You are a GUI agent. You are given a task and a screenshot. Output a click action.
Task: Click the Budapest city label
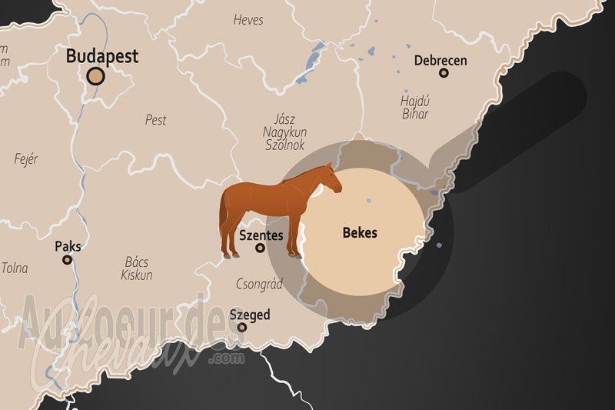(x=102, y=56)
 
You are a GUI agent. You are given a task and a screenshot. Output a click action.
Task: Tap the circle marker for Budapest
(x=96, y=75)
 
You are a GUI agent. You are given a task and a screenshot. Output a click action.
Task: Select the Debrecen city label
(x=440, y=60)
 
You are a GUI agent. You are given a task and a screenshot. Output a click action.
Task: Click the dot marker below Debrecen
(x=444, y=73)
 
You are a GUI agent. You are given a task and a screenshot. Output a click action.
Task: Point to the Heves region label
(x=248, y=20)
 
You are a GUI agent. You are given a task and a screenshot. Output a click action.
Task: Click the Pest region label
(x=155, y=120)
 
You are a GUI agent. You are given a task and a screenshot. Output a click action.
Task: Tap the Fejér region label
(x=26, y=159)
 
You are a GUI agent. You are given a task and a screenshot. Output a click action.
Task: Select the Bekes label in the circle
(x=360, y=232)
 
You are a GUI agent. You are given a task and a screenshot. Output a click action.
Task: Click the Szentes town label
(x=261, y=235)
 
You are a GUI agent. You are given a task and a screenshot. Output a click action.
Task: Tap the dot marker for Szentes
(x=261, y=248)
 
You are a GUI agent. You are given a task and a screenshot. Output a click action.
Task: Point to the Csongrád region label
(x=257, y=284)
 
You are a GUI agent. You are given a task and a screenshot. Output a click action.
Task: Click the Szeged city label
(x=250, y=315)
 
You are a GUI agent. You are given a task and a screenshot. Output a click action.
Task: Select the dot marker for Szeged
(x=242, y=327)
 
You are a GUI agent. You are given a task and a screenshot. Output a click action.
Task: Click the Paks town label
(x=68, y=247)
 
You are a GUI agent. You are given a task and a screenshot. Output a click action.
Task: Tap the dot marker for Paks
(x=68, y=260)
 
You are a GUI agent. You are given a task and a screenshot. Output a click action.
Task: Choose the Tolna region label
(x=15, y=268)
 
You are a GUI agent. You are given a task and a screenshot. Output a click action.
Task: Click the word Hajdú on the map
(x=415, y=100)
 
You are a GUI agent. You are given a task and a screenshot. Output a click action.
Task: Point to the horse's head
(x=331, y=178)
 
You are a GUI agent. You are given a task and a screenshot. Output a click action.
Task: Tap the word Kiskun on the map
(x=137, y=275)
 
